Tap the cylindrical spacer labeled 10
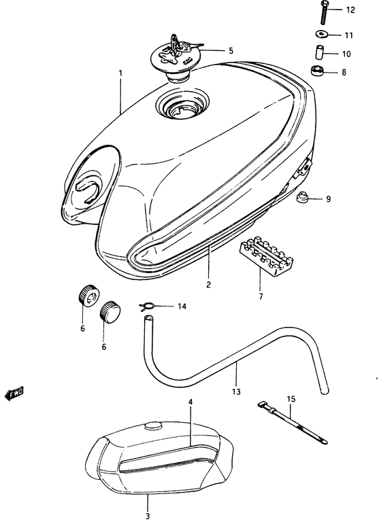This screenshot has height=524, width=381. [x=318, y=52]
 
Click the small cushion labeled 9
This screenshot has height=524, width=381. [x=302, y=199]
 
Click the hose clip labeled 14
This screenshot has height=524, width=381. [x=146, y=307]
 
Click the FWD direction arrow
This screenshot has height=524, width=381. [x=14, y=392]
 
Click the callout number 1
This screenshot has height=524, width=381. [x=120, y=73]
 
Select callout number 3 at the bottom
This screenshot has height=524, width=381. [x=147, y=517]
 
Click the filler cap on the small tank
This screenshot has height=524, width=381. [x=153, y=426]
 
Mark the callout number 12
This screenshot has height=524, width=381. [x=350, y=10]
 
